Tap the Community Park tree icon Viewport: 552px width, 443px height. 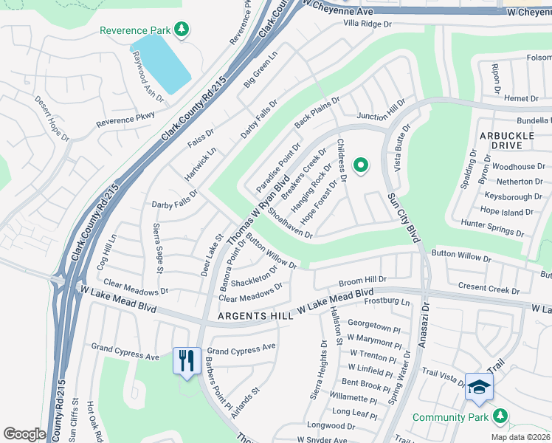pyautogui.click(x=500, y=417)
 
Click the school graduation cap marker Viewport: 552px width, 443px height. pyautogui.click(x=478, y=388)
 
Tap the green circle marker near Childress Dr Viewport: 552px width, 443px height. pyautogui.click(x=361, y=166)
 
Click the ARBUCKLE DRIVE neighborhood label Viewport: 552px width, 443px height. pyautogui.click(x=506, y=141)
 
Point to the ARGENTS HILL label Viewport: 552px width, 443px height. pyautogui.click(x=255, y=317)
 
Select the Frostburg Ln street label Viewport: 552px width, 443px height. pyautogui.click(x=385, y=302)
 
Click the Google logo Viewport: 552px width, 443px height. pyautogui.click(x=24, y=434)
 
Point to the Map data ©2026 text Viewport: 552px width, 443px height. pyautogui.click(x=520, y=437)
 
